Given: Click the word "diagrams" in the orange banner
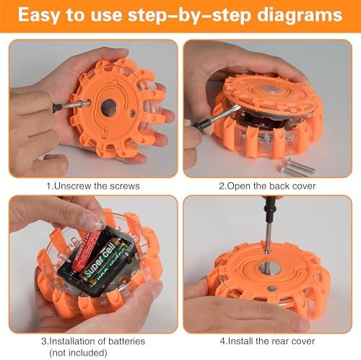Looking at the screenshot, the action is click(300, 15).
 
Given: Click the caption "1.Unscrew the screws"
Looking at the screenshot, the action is click(93, 186).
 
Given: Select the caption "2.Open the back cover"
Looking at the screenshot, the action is click(267, 186).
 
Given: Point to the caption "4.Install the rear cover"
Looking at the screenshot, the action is click(267, 341).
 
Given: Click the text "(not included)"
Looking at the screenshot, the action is click(78, 353).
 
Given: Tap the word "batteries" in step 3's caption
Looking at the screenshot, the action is click(126, 341).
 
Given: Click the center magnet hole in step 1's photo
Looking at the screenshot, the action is click(108, 107).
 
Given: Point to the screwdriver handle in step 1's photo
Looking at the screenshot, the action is click(61, 106).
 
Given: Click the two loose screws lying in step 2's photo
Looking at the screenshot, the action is click(297, 167).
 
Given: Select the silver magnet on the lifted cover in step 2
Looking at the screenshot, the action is click(269, 90).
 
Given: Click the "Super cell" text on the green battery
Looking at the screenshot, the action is click(100, 261).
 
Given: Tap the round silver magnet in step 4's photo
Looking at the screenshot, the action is click(269, 268).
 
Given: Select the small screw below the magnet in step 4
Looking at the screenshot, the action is click(272, 288).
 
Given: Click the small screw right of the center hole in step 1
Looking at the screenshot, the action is click(132, 112).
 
